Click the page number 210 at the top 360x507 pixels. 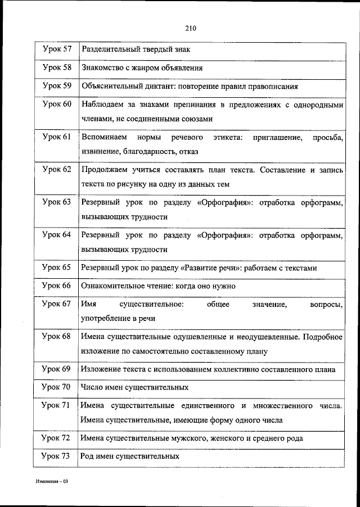tap(190, 26)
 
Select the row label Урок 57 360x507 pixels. tap(57, 49)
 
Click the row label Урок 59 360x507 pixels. tap(57, 87)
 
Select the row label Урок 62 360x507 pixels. tap(57, 169)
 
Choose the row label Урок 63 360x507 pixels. tap(57, 201)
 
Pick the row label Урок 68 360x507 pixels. tap(57, 336)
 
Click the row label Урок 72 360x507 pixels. tap(57, 438)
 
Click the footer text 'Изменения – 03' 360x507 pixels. tap(49, 482)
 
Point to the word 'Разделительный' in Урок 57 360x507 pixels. tap(109, 49)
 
